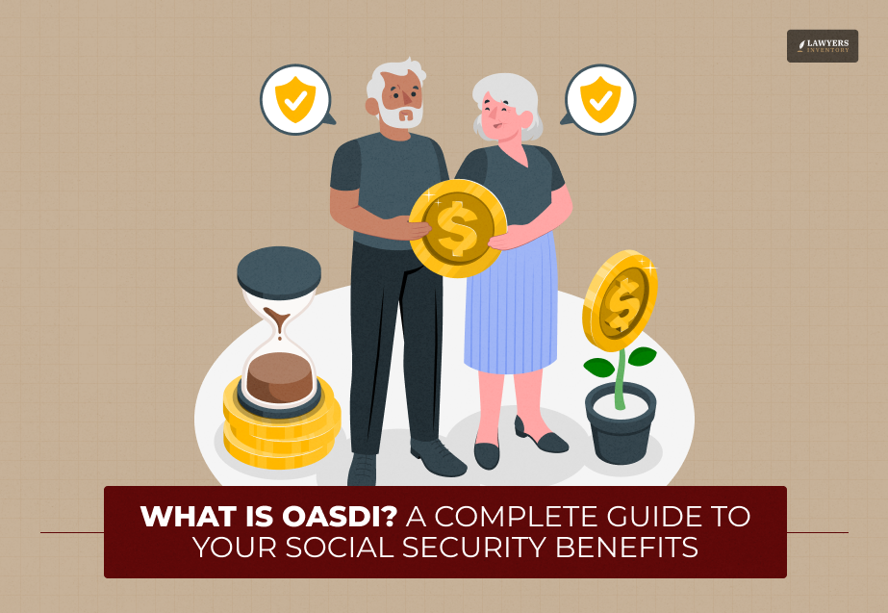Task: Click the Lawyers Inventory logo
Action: tap(823, 46)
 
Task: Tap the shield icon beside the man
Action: tap(295, 100)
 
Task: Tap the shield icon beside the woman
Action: tap(600, 100)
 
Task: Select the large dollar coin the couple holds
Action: tap(458, 228)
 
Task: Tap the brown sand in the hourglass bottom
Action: tap(279, 377)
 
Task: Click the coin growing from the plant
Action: tap(621, 300)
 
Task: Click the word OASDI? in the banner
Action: tap(340, 516)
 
